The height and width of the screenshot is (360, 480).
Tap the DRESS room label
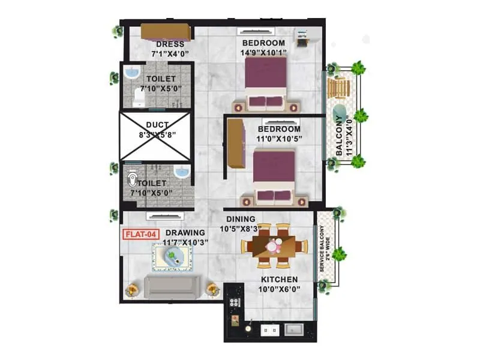tap(170, 44)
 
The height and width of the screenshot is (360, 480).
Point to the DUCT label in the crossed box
tap(157, 126)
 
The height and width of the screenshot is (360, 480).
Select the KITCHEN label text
tap(279, 280)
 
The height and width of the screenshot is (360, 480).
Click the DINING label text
tap(241, 219)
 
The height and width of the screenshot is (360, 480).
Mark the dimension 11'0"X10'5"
tap(279, 139)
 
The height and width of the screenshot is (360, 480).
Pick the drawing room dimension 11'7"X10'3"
tap(185, 242)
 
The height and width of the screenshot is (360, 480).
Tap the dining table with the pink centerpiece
tap(275, 245)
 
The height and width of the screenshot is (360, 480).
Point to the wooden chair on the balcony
tap(340, 88)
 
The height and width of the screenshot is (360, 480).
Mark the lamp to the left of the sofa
tap(131, 291)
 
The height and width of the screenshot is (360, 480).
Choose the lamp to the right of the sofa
tap(212, 290)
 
